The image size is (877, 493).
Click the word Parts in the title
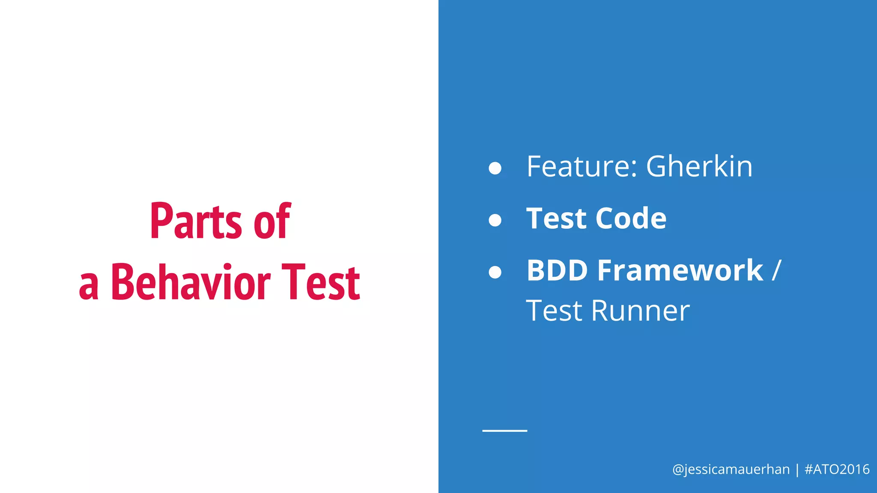click(196, 221)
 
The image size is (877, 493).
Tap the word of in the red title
click(272, 221)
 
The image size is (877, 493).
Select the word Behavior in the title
click(191, 283)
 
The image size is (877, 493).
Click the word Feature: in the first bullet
click(582, 166)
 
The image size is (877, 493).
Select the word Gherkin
click(699, 166)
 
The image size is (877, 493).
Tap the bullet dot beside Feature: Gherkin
click(495, 168)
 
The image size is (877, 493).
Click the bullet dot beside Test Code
click(495, 220)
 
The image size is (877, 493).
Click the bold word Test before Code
click(556, 219)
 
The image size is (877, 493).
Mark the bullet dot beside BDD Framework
click(495, 272)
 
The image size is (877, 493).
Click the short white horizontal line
click(504, 431)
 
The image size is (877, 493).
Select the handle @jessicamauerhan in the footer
click(731, 469)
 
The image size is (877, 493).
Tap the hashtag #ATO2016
click(837, 469)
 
